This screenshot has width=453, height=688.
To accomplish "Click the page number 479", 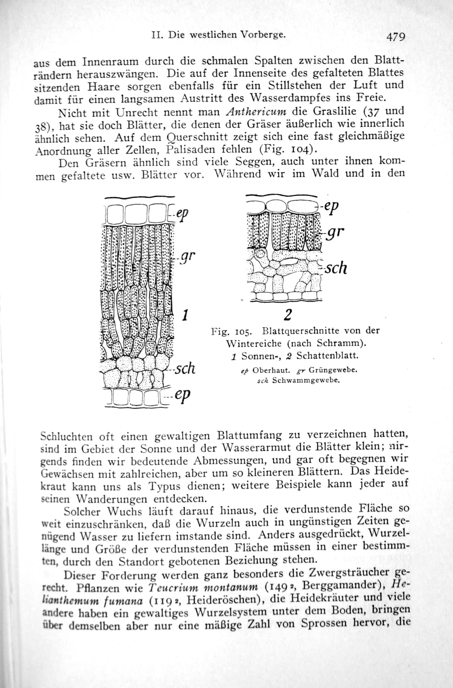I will click(396, 37).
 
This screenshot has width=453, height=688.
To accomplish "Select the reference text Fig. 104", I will click(285, 149).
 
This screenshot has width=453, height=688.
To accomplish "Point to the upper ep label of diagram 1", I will click(182, 215).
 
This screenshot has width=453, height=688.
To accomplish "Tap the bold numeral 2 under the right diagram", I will click(288, 315).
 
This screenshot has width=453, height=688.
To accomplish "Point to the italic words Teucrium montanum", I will click(203, 588).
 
